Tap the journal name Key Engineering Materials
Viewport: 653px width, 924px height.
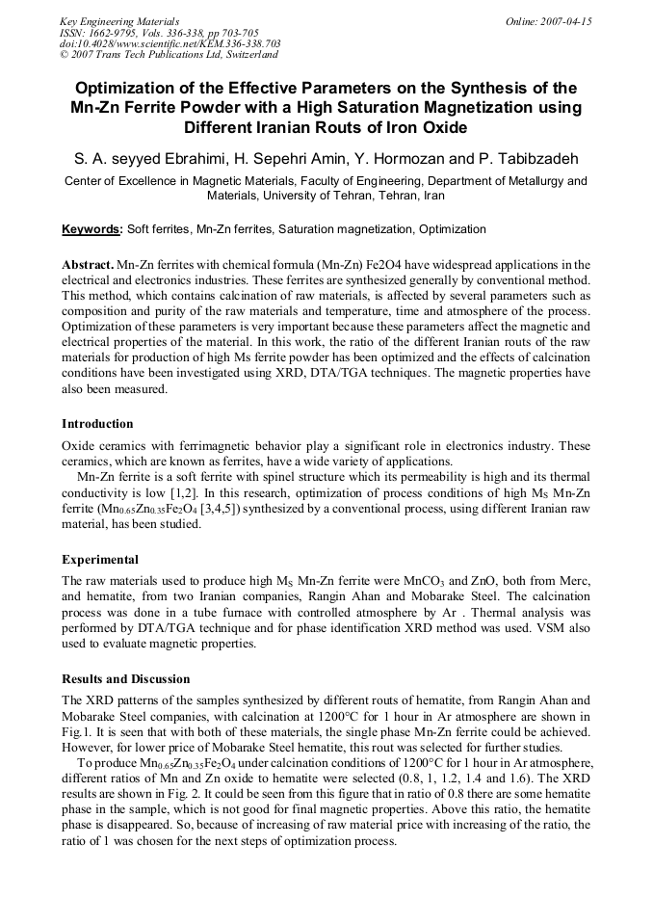click(x=119, y=20)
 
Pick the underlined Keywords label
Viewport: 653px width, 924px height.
click(x=92, y=229)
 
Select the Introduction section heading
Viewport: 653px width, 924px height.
click(x=97, y=424)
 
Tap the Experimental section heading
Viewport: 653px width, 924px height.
click(x=100, y=560)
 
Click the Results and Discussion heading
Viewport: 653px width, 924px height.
click(x=126, y=679)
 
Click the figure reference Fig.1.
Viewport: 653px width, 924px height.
click(x=77, y=732)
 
